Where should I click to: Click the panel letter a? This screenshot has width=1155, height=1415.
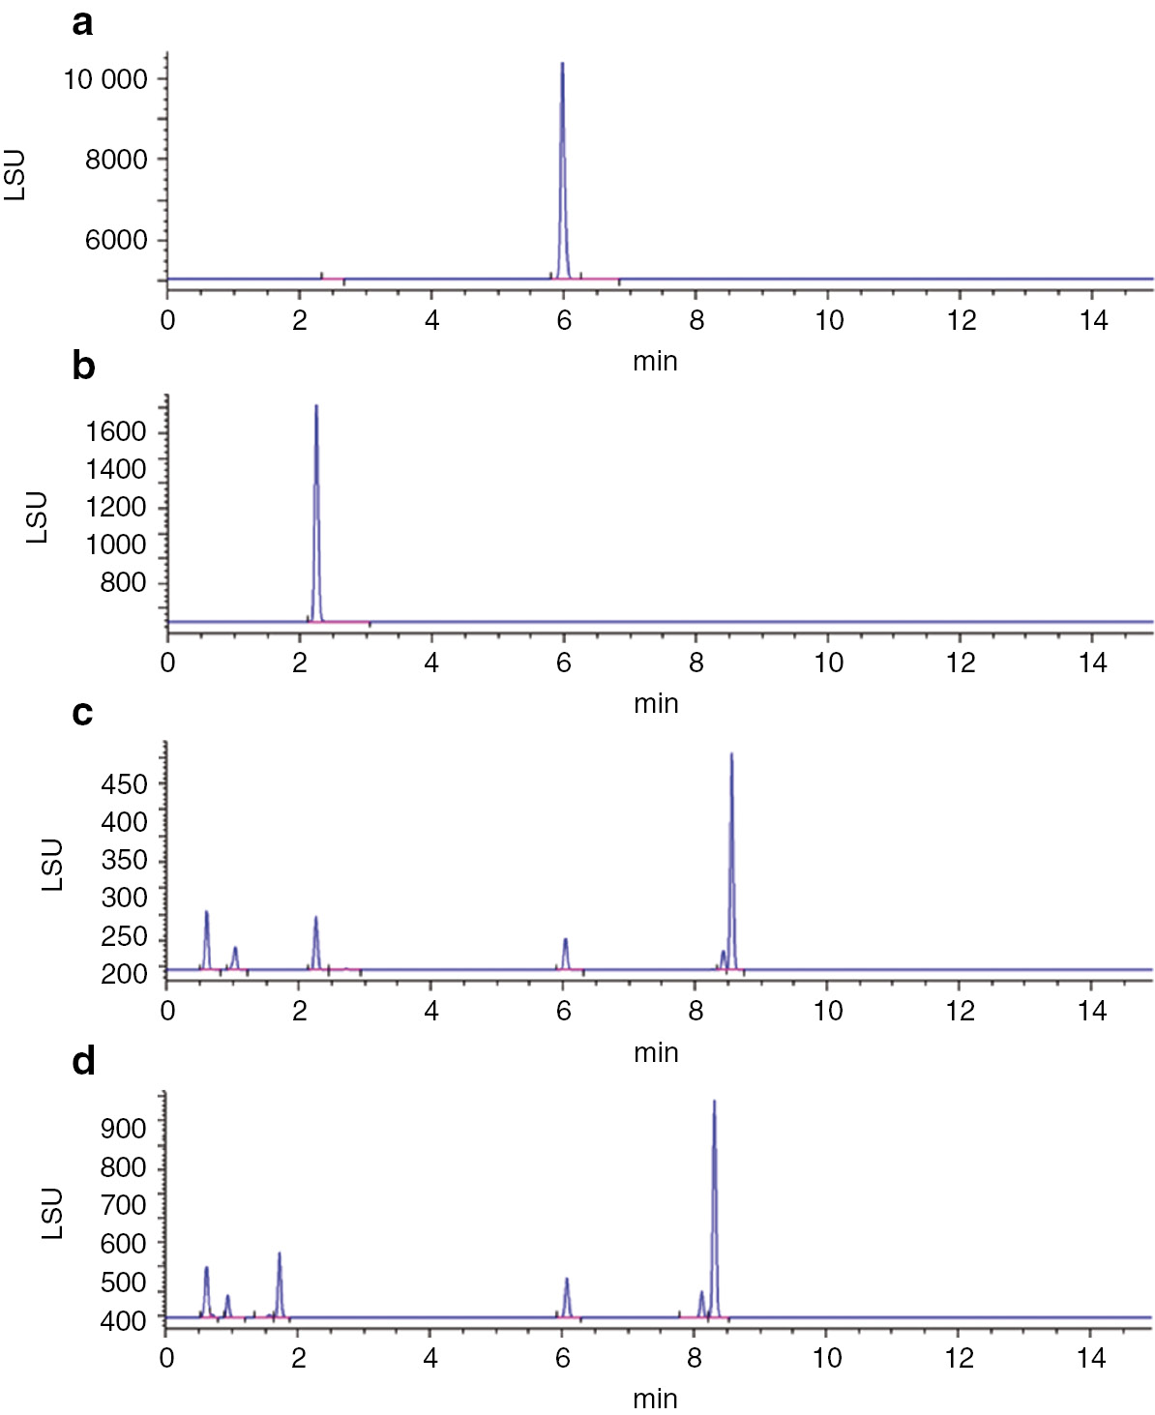point(82,21)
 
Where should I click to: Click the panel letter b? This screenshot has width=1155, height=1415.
point(83,366)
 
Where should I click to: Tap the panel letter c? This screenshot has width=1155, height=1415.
point(82,712)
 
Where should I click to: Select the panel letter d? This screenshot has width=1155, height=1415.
point(83,1061)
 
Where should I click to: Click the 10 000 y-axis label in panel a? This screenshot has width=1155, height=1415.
point(105,79)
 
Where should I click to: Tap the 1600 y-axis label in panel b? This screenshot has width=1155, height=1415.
point(115,431)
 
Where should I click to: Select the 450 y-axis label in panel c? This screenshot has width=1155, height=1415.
point(124,783)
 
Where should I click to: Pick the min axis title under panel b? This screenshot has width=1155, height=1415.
point(656,703)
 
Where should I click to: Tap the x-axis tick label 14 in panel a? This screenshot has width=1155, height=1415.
point(1093,320)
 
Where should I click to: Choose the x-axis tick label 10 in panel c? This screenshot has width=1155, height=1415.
point(828,1011)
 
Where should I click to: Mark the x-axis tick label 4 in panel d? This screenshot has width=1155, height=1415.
point(430,1358)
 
